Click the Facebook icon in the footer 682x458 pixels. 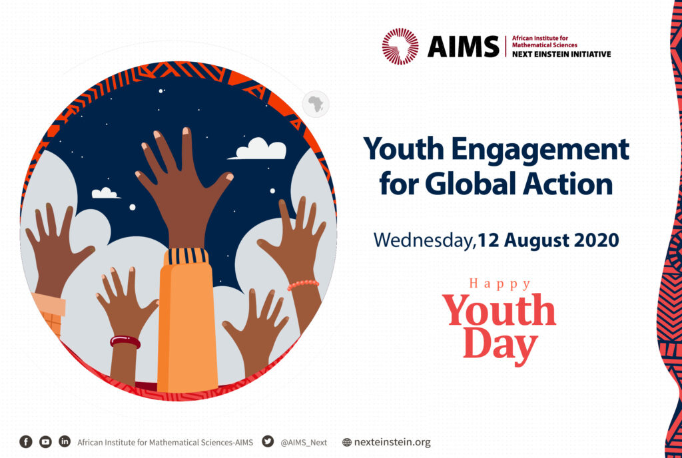(26, 442)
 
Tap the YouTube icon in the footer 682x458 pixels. (45, 442)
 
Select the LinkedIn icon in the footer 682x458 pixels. (65, 441)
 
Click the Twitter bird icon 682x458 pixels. (268, 441)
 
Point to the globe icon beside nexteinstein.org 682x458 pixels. (346, 443)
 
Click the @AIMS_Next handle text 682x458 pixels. (304, 443)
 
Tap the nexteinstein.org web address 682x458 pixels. (392, 443)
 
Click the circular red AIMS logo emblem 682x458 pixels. (400, 47)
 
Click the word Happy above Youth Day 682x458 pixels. (500, 284)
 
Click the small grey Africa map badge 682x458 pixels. (316, 105)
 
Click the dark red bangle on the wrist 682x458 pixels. (125, 342)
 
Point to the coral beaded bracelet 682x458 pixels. (303, 285)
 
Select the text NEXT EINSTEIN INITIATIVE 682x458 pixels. (561, 55)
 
